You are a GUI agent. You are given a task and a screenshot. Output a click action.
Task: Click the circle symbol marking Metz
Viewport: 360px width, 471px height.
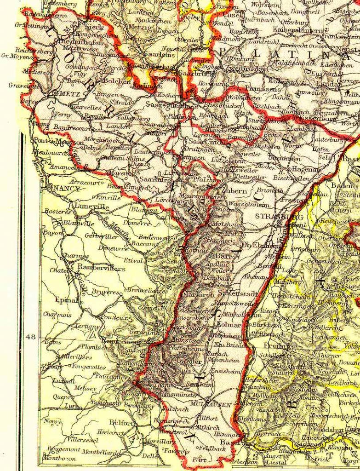(55, 93)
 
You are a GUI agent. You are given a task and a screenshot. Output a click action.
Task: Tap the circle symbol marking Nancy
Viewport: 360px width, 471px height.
(49, 187)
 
